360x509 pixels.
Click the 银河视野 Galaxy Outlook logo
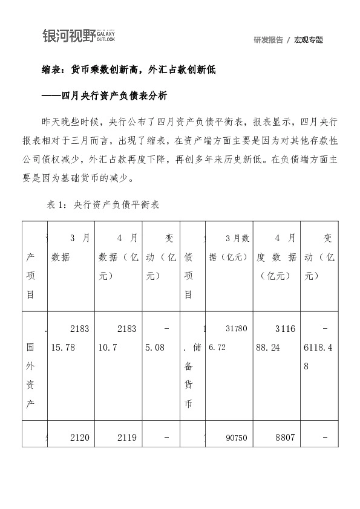click(79, 36)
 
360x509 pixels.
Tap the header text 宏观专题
click(309, 40)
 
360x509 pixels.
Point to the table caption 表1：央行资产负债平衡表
click(103, 205)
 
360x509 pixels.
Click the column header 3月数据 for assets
click(71, 247)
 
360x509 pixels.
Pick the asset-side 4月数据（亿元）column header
click(118, 257)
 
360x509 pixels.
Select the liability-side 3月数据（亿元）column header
click(228, 247)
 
